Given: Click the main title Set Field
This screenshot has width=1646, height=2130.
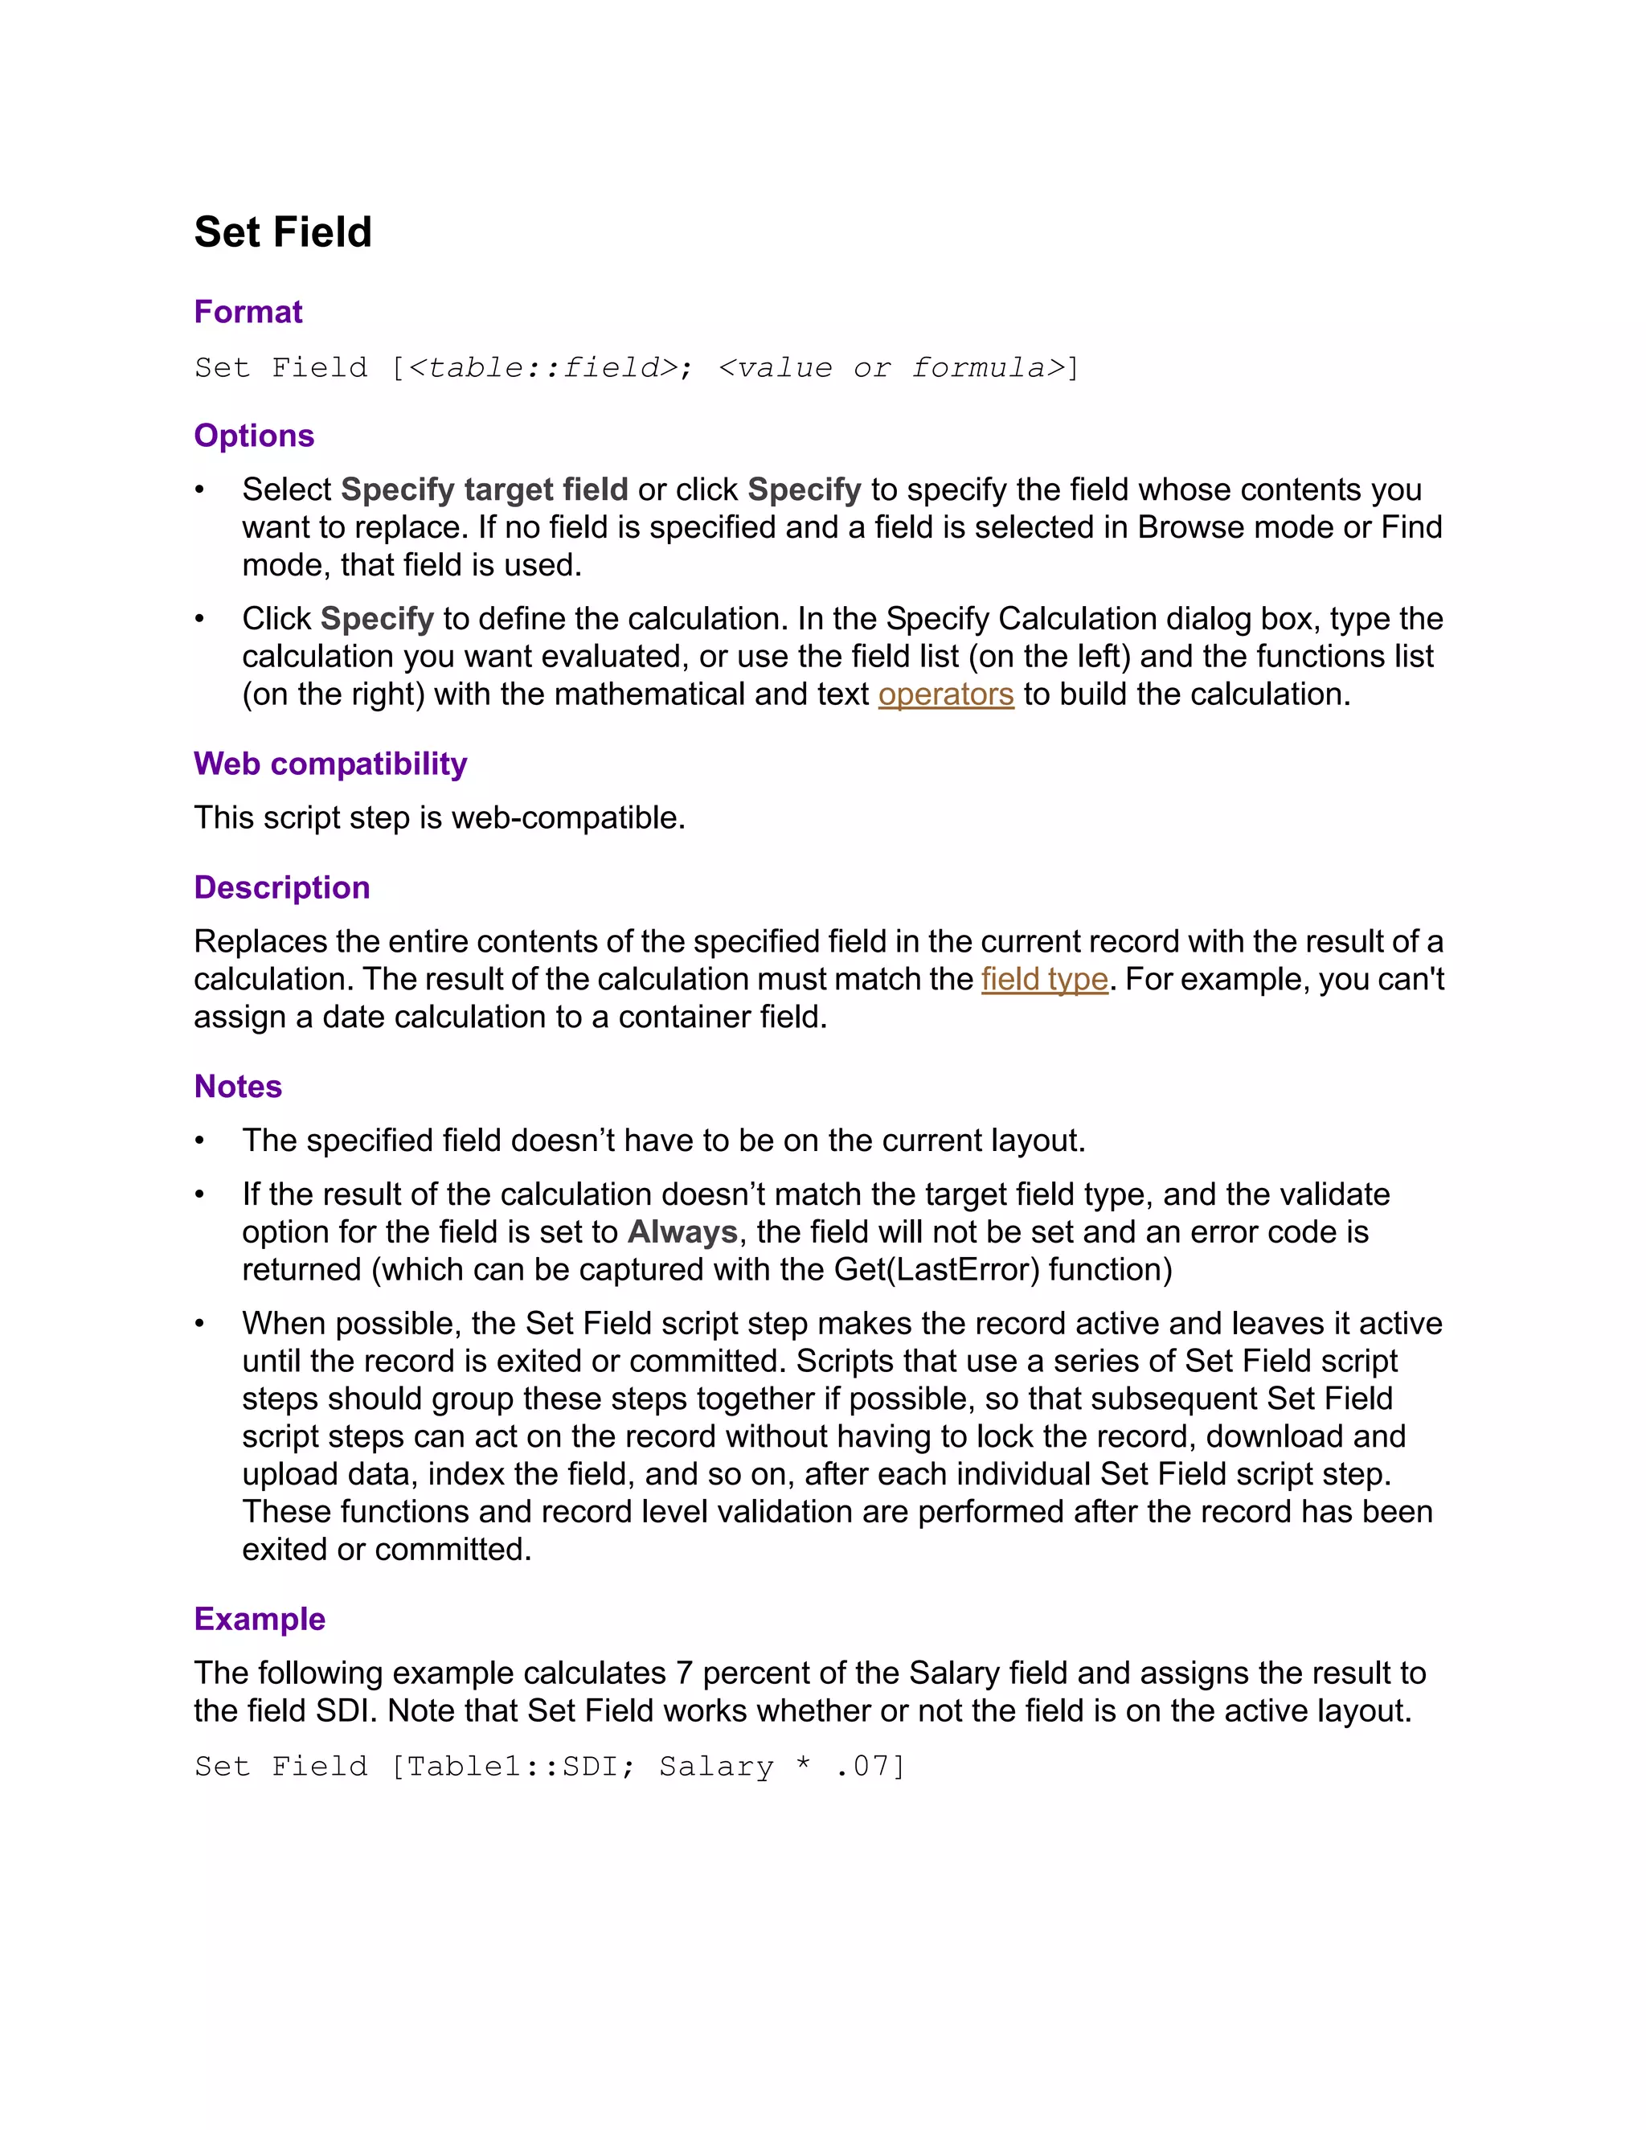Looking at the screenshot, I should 283,232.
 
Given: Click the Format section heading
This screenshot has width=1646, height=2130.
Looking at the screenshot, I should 248,312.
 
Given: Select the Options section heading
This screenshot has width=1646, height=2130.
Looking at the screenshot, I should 253,435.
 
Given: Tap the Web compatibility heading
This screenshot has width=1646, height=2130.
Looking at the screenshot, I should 330,764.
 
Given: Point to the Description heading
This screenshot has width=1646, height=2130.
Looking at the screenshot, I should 282,887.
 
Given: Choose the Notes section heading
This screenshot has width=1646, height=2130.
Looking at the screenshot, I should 238,1087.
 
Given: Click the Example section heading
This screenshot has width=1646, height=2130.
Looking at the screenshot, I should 260,1619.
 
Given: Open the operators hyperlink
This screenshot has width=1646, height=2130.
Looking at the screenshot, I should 946,694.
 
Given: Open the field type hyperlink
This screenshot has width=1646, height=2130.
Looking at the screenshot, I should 1044,979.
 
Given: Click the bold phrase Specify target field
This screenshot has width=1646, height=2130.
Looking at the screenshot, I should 485,489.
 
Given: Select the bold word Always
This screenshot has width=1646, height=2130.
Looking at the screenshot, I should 682,1231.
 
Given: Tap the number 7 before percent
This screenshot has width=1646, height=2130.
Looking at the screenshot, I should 684,1673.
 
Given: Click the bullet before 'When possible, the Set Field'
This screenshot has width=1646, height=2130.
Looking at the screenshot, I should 200,1325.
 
